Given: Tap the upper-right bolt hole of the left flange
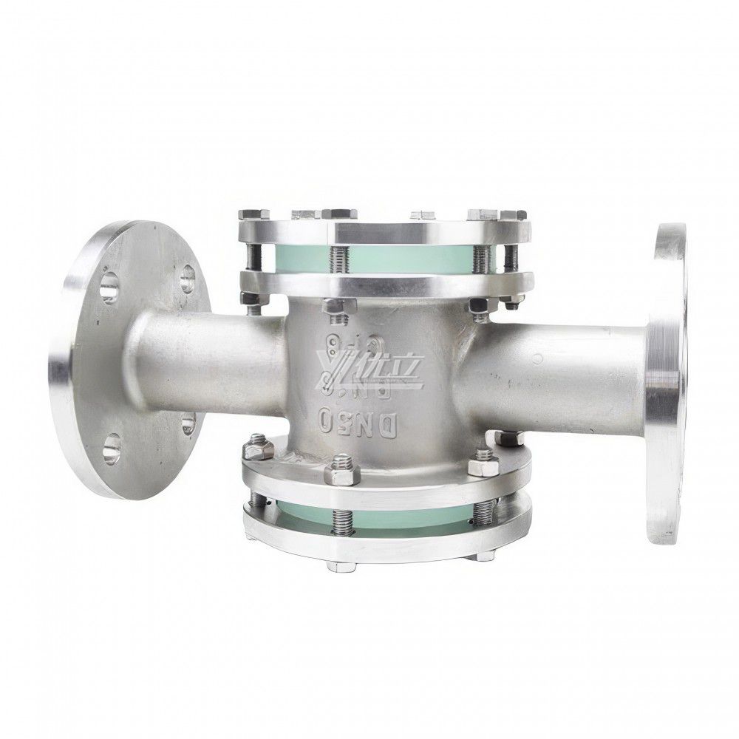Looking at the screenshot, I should tap(185, 279).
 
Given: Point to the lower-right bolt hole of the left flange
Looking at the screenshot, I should tap(188, 423).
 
